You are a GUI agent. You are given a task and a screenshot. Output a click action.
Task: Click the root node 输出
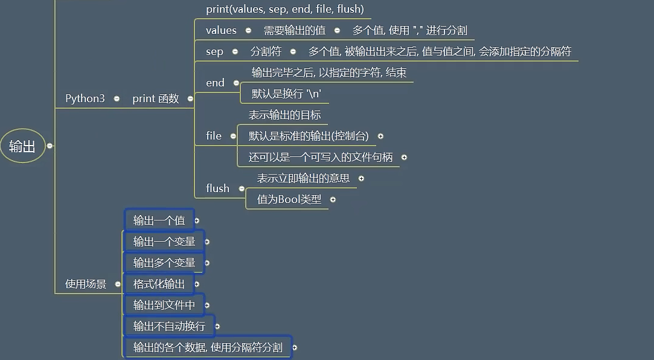coord(22,146)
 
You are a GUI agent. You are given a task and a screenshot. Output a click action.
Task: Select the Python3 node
coord(85,98)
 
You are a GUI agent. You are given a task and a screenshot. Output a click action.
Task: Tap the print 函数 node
coord(155,98)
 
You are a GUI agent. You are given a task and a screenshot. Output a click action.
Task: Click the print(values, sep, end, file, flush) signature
coord(284,9)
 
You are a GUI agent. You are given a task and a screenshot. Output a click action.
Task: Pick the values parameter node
coord(221,30)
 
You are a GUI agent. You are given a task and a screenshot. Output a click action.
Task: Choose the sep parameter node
coord(214,51)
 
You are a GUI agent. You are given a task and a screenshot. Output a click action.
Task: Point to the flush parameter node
coord(217,188)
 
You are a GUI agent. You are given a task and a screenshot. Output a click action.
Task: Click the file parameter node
coord(214,136)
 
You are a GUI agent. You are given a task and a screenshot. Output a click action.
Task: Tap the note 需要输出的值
coord(294,30)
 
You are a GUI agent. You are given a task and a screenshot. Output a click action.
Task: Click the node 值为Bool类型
coord(289,199)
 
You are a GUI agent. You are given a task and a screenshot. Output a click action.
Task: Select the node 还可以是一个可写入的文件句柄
coord(321,157)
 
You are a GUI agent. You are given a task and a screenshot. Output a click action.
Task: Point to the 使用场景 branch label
coord(85,284)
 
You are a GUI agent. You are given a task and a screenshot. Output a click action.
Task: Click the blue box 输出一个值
coord(159,220)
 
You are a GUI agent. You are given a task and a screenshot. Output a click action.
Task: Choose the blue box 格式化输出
coord(159,284)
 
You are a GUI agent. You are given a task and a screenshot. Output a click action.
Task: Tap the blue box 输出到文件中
coord(164,305)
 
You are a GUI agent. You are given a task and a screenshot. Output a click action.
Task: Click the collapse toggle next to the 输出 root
coord(50,146)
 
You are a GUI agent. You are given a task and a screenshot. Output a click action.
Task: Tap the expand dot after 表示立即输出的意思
coord(361,178)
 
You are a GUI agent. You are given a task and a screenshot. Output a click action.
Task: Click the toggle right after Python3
coord(117,98)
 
